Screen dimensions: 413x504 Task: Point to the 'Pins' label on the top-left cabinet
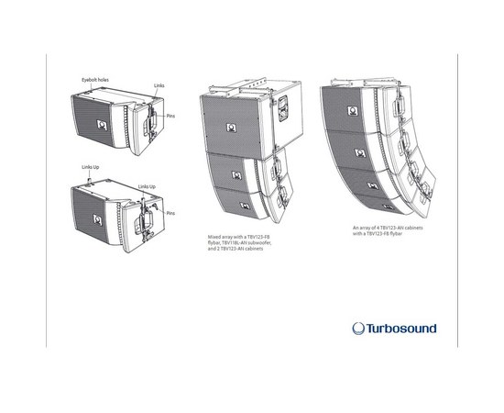tap(171, 117)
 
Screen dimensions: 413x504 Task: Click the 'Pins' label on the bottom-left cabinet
tap(170, 212)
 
